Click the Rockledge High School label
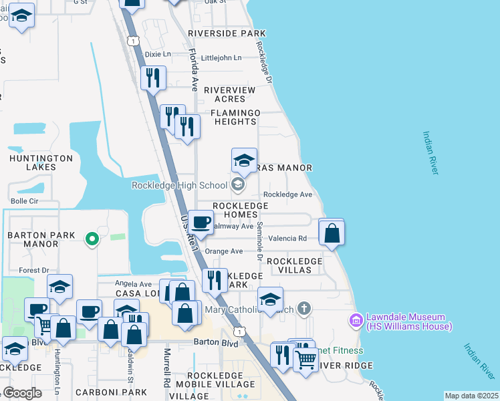pyautogui.click(x=180, y=184)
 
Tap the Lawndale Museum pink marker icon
pyautogui.click(x=356, y=321)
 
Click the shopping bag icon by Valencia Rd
pyautogui.click(x=332, y=233)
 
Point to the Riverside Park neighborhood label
pyautogui.click(x=227, y=33)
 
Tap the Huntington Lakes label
pyautogui.click(x=41, y=163)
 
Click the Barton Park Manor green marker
pyautogui.click(x=93, y=237)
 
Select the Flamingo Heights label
pyautogui.click(x=235, y=118)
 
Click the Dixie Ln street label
pyautogui.click(x=158, y=54)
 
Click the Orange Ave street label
pyautogui.click(x=224, y=251)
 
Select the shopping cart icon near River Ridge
pyautogui.click(x=305, y=359)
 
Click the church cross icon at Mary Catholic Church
pyautogui.click(x=304, y=308)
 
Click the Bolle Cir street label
pyautogui.click(x=25, y=200)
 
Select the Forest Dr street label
pyautogui.click(x=34, y=271)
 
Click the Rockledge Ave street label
pyautogui.click(x=288, y=194)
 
